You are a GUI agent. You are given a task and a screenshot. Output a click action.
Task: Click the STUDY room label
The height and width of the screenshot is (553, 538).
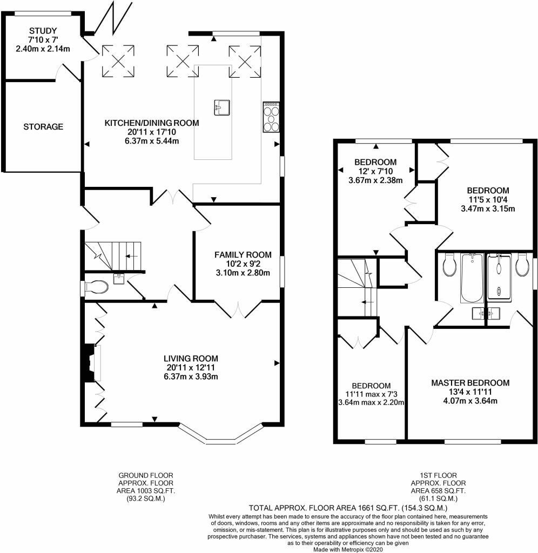(x=43, y=31)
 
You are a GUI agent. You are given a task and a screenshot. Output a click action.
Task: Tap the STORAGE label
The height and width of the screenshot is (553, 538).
(x=43, y=126)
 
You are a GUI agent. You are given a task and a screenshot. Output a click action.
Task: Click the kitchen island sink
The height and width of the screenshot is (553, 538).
(x=222, y=107)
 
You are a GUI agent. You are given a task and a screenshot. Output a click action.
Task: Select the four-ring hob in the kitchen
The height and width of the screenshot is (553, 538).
(x=271, y=117)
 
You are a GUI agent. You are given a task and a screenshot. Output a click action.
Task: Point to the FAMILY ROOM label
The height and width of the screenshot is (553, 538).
(x=243, y=255)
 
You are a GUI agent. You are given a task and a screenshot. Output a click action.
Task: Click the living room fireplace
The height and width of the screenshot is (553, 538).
(x=92, y=363)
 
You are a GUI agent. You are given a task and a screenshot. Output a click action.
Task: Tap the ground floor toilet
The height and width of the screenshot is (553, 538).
(x=95, y=287)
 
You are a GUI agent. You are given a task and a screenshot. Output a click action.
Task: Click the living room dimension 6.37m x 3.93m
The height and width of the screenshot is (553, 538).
(x=191, y=376)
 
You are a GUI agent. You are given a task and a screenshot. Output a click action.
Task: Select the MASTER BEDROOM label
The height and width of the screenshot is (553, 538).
(x=470, y=383)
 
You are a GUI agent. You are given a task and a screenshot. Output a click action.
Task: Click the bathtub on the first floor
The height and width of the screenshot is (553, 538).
(x=472, y=278)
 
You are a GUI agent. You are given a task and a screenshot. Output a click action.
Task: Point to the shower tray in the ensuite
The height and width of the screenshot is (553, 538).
(x=499, y=278)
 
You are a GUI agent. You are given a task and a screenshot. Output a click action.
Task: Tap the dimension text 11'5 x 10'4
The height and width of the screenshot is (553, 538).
(x=488, y=199)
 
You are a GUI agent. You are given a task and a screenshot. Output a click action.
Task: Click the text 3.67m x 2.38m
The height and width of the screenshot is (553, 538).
(x=375, y=180)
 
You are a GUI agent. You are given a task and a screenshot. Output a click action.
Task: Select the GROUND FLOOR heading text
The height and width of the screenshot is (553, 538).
(x=146, y=475)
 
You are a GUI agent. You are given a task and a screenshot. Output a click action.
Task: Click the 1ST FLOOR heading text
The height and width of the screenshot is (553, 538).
(x=439, y=475)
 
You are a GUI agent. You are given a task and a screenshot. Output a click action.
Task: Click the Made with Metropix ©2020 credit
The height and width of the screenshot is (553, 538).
(x=348, y=549)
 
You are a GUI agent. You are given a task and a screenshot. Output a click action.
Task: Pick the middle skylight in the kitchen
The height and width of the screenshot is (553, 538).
(x=183, y=60)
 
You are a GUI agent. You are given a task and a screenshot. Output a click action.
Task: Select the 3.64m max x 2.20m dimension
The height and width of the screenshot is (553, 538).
(x=371, y=402)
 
